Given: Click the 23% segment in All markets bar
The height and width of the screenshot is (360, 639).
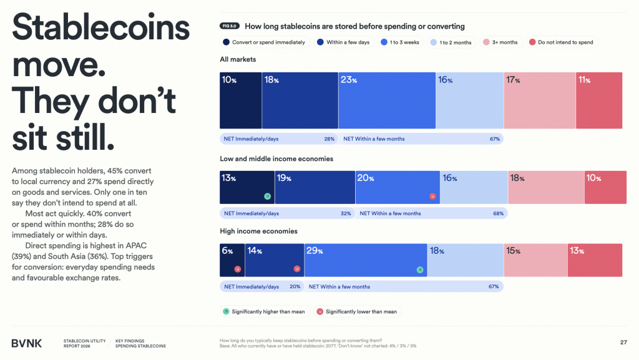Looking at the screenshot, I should pyautogui.click(x=387, y=100).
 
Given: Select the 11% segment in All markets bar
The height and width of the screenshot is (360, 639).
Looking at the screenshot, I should pyautogui.click(x=599, y=100).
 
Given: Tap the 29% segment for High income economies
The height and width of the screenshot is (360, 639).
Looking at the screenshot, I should pyautogui.click(x=366, y=260).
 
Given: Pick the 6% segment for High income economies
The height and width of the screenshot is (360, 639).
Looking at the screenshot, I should pyautogui.click(x=232, y=260).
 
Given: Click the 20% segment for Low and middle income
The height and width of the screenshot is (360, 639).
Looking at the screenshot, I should pyautogui.click(x=398, y=187).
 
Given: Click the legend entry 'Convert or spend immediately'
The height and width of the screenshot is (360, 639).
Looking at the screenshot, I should pyautogui.click(x=265, y=42).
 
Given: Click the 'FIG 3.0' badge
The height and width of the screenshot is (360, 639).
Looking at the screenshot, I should pyautogui.click(x=230, y=26).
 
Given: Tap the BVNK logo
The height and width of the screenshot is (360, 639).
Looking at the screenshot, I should pyautogui.click(x=27, y=343).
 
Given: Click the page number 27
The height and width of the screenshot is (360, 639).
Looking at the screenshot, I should pyautogui.click(x=623, y=342).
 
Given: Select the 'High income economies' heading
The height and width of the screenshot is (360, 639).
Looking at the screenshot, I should pyautogui.click(x=258, y=231).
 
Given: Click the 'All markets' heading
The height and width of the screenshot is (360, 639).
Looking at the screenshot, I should pyautogui.click(x=238, y=59).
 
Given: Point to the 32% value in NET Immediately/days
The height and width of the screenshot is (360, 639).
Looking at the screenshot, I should pyautogui.click(x=346, y=213).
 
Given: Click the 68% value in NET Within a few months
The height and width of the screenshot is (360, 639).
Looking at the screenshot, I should pyautogui.click(x=498, y=213).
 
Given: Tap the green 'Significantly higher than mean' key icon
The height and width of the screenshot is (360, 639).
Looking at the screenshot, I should pyautogui.click(x=226, y=311).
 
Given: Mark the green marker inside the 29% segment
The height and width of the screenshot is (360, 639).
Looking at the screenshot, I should pyautogui.click(x=420, y=270).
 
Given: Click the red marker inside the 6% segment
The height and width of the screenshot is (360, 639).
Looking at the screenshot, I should pyautogui.click(x=237, y=270).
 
